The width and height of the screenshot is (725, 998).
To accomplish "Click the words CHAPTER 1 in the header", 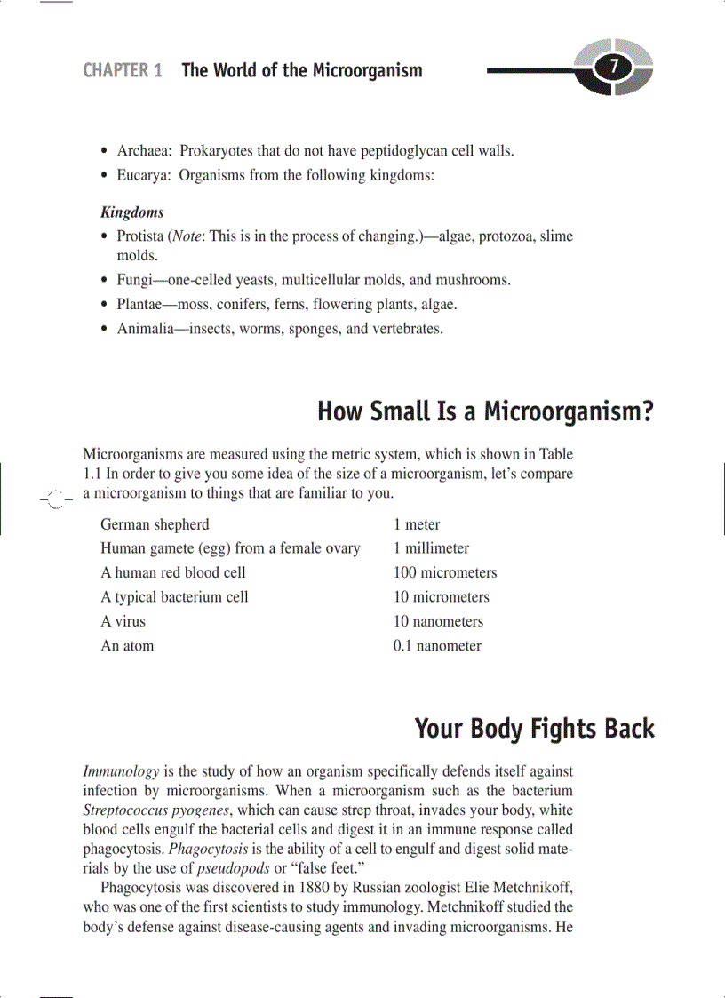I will tap(123, 70).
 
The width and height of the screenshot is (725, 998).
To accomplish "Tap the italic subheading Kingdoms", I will tap(132, 212).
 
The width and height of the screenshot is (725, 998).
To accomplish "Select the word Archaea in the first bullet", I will tap(144, 151).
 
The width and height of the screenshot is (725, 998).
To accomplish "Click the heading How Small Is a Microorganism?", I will tap(485, 412).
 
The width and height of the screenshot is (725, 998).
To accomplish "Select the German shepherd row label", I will tap(155, 524).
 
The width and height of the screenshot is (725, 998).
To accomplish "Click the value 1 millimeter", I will tap(431, 548).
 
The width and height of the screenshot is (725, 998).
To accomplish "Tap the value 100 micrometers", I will tap(445, 572).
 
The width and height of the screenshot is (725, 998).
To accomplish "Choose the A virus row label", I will tap(123, 621).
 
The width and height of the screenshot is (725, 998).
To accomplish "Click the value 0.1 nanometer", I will tap(437, 646).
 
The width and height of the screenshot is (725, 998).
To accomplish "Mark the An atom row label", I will tap(127, 646).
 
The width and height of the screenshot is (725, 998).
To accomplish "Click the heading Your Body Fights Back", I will tap(534, 729).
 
